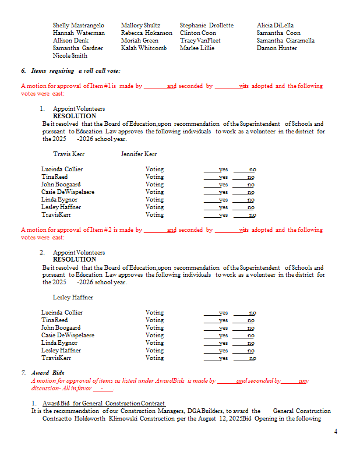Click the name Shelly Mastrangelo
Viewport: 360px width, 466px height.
click(79, 26)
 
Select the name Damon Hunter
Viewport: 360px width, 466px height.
click(277, 48)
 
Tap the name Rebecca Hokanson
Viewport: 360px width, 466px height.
click(146, 33)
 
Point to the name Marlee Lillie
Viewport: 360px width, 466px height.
click(197, 48)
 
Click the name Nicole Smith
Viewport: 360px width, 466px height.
click(70, 56)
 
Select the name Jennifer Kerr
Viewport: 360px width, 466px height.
click(139, 154)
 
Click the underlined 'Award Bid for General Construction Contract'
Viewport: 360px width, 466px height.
click(104, 404)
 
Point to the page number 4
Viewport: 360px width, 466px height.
click(336, 432)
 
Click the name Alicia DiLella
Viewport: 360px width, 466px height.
click(275, 26)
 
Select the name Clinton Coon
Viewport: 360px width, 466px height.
click(197, 33)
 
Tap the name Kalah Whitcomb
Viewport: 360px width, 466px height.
click(143, 48)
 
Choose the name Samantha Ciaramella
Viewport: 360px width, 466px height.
click(285, 41)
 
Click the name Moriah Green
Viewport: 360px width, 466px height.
click(139, 41)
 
